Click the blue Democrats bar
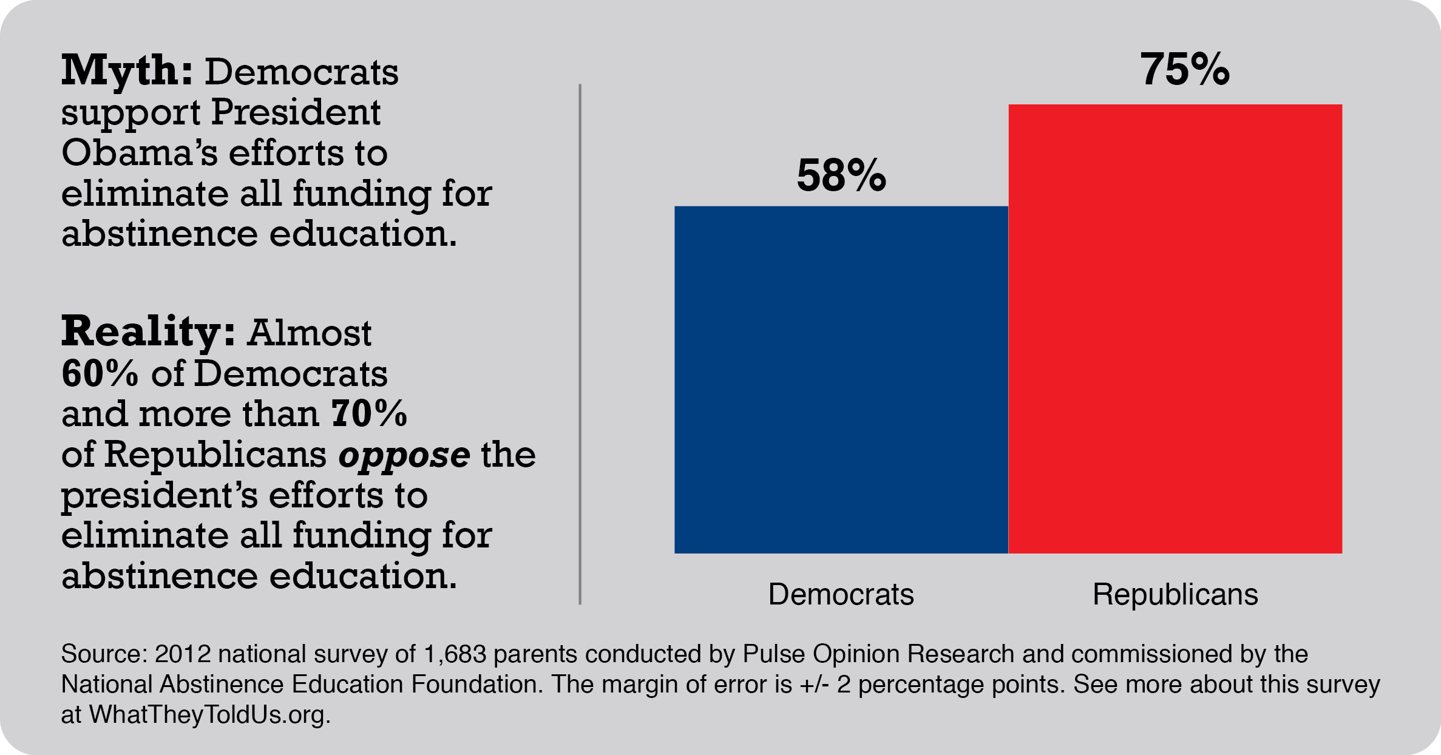(841, 379)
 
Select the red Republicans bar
(1175, 328)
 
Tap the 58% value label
(841, 175)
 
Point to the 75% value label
(1184, 69)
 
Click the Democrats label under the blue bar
(841, 594)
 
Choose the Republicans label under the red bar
(1175, 594)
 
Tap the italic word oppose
(404, 455)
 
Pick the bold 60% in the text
(100, 373)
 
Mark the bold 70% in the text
(369, 414)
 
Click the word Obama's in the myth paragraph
(139, 152)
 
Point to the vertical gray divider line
(580, 344)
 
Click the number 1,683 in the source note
(455, 654)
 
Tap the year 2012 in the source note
(182, 654)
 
